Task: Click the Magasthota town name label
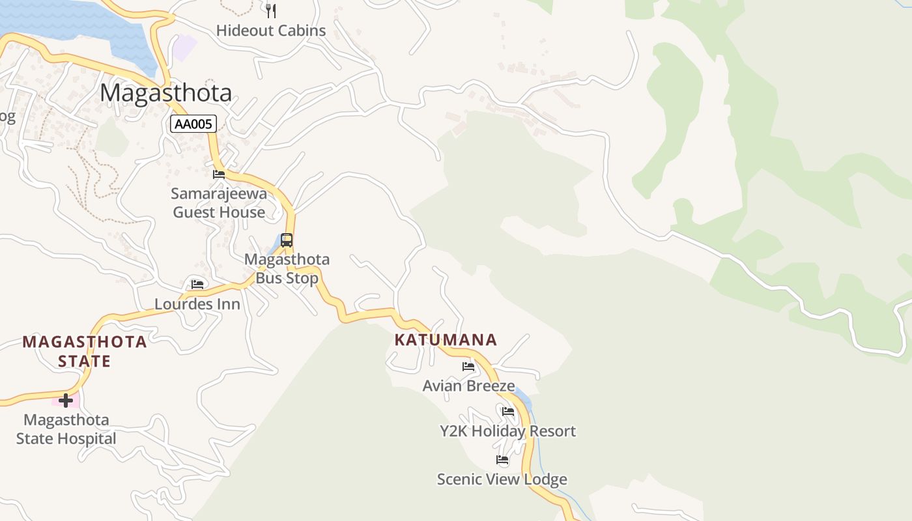pos(165,93)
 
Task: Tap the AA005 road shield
pos(193,124)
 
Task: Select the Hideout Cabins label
pos(270,31)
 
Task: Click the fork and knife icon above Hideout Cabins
pos(271,10)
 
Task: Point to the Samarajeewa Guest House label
pos(219,203)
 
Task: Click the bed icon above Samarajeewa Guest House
pos(219,175)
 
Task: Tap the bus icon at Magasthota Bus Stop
pos(287,240)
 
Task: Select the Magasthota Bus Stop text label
pos(287,268)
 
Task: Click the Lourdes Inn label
pos(197,304)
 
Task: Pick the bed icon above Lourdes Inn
pos(197,285)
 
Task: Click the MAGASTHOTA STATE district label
pos(85,351)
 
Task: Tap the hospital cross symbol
pos(65,400)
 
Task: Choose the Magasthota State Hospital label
pos(66,429)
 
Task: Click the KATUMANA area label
pos(446,339)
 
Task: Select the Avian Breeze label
pos(468,386)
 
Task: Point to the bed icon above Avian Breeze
pos(468,367)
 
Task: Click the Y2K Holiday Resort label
pos(507,431)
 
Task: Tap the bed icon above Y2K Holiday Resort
pos(508,412)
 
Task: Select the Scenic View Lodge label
pos(502,479)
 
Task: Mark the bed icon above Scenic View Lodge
pos(502,460)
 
